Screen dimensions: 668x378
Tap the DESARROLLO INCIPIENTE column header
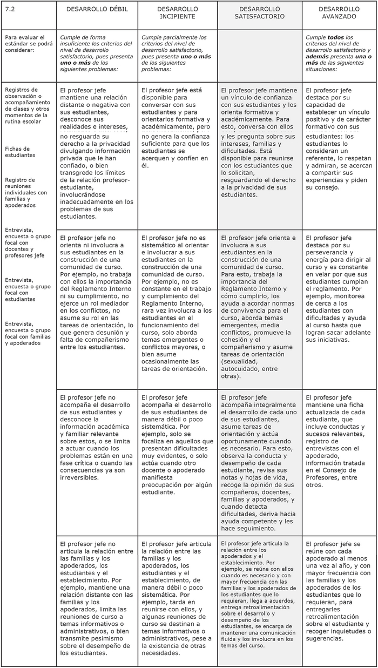pyautogui.click(x=177, y=14)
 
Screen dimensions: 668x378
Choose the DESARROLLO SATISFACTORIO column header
pyautogui.click(x=259, y=14)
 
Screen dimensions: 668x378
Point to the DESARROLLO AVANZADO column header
pyautogui.click(x=339, y=14)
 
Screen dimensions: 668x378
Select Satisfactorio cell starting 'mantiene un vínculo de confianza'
pyautogui.click(x=259, y=142)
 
